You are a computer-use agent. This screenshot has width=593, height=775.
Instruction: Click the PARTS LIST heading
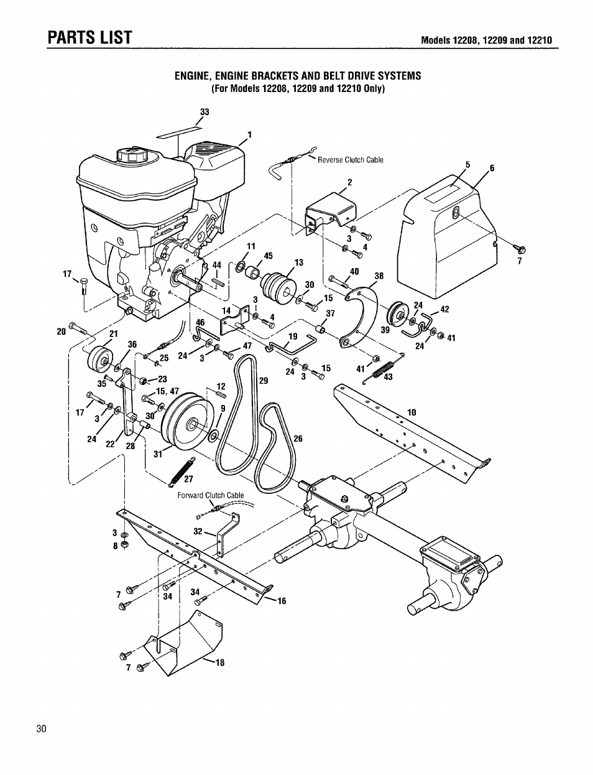(90, 37)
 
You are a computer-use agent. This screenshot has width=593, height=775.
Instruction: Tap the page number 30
(42, 730)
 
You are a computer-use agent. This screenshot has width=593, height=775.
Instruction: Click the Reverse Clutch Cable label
(350, 160)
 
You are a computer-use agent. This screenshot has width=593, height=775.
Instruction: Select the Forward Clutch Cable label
(211, 496)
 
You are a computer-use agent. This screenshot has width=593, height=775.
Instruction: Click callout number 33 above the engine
(205, 113)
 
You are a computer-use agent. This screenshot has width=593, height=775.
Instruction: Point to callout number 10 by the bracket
(411, 412)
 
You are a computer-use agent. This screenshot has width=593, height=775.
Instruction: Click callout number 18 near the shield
(218, 663)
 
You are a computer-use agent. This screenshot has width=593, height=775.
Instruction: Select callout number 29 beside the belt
(263, 381)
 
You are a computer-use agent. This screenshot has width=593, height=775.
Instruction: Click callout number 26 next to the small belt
(298, 439)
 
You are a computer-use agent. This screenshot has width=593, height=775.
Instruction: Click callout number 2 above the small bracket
(349, 182)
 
